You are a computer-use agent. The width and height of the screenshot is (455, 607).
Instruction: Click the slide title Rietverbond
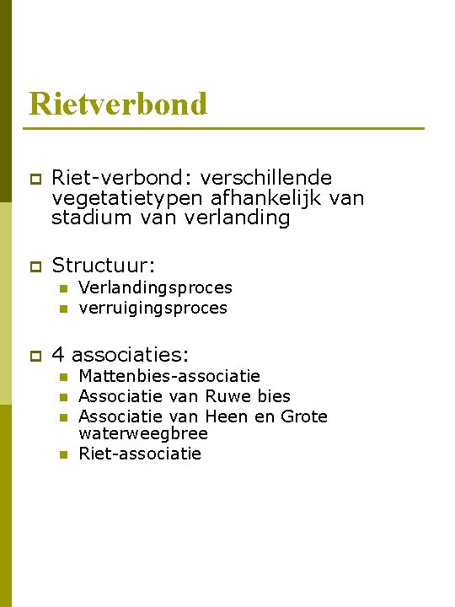point(117,105)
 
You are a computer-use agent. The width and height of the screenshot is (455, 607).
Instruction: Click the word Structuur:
point(109,266)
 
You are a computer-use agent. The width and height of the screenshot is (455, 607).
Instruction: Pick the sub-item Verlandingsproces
point(155,287)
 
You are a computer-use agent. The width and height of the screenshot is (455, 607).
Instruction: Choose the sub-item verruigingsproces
point(153,308)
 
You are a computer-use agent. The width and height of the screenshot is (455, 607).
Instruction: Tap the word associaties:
point(130,353)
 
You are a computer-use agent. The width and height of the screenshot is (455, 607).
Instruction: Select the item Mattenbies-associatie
point(169,376)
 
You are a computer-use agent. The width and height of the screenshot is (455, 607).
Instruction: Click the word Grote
point(303,416)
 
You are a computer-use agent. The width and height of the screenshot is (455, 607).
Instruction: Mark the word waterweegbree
point(143,433)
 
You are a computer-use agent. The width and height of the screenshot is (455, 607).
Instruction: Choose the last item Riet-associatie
point(140,454)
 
